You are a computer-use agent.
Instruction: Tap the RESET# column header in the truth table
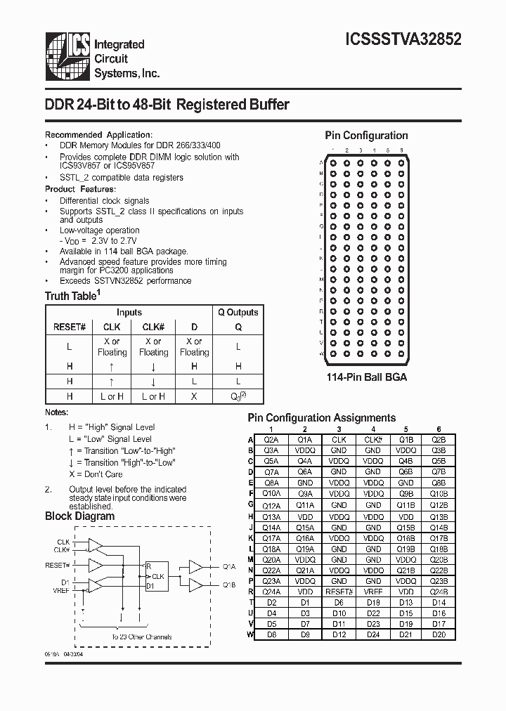coord(70,327)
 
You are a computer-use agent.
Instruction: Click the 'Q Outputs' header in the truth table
coord(238,313)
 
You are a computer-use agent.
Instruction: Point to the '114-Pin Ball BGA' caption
coord(366,377)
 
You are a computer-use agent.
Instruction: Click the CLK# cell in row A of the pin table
coord(372,440)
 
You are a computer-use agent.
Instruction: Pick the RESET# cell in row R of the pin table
coord(339,592)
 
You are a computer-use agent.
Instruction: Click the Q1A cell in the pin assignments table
coord(304,440)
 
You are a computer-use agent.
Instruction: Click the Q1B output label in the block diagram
coord(229,585)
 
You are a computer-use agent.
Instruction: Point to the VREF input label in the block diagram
coord(61,592)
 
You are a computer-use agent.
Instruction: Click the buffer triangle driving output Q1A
coord(195,566)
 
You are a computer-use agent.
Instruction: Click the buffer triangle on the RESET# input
coord(95,564)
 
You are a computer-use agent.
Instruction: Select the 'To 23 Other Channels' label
coord(141,637)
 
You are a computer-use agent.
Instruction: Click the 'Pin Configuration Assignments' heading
coord(322,418)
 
